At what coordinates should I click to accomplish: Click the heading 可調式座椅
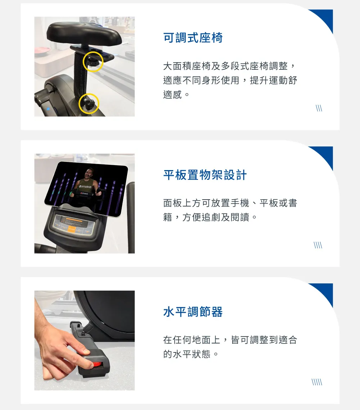tap(193, 38)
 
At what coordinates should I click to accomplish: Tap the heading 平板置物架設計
tap(205, 175)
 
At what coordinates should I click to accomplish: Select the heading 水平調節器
tap(193, 312)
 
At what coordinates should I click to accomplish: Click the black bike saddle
tap(84, 33)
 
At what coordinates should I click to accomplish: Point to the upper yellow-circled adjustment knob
tap(93, 62)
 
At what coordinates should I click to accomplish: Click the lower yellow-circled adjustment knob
tap(89, 104)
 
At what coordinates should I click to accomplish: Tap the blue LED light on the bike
tap(48, 109)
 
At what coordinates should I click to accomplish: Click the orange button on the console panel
tap(71, 229)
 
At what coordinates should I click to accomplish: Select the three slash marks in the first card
tap(319, 108)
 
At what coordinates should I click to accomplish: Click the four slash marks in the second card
tap(318, 245)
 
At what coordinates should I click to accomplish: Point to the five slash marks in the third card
tap(317, 382)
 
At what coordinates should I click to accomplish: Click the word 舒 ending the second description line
tap(292, 80)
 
